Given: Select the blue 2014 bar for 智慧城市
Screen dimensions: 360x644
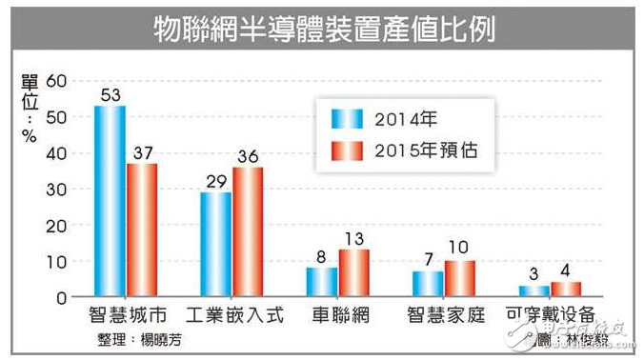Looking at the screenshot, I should click(110, 201).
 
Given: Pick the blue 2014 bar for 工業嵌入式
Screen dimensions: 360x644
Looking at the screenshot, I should click(215, 245).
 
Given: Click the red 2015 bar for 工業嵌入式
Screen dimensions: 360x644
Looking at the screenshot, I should click(249, 232).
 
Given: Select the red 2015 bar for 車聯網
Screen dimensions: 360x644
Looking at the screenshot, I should click(354, 273).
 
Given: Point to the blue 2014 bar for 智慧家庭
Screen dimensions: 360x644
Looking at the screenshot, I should click(428, 284).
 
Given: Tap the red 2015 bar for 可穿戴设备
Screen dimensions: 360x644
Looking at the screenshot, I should click(566, 290).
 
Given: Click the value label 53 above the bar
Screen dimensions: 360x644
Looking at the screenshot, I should click(109, 95).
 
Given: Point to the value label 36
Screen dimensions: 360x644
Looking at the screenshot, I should click(249, 157).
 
